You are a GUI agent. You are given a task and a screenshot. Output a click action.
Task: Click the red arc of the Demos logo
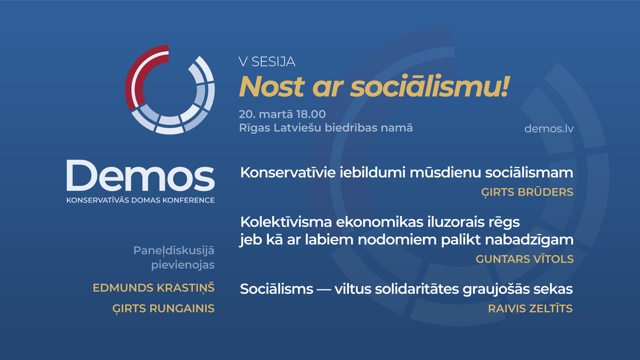[x=135, y=72]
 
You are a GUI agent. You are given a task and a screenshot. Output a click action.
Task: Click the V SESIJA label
[x=267, y=62]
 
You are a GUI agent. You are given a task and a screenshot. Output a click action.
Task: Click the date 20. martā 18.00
[x=283, y=114]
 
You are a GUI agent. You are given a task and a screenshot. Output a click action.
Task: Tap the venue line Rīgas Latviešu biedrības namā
[x=326, y=128]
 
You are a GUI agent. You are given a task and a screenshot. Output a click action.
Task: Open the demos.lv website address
[x=549, y=129]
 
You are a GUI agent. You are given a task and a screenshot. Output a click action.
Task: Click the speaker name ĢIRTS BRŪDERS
[x=527, y=192]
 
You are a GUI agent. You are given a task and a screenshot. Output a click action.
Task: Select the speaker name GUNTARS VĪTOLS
[x=525, y=259]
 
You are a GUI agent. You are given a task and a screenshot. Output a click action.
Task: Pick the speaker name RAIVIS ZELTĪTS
[x=530, y=308]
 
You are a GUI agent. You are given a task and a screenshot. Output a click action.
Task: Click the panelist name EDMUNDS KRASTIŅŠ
[x=154, y=288]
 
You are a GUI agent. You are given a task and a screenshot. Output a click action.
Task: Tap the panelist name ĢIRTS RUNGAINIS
[x=164, y=308]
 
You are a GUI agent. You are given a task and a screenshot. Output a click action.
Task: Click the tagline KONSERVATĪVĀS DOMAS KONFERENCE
[x=140, y=201]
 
